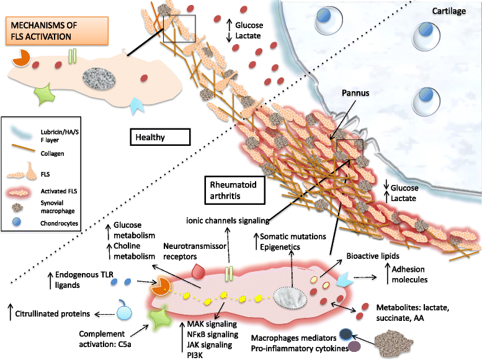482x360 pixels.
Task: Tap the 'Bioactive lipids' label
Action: pos(371,254)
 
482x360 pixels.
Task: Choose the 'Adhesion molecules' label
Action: pos(414,274)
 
